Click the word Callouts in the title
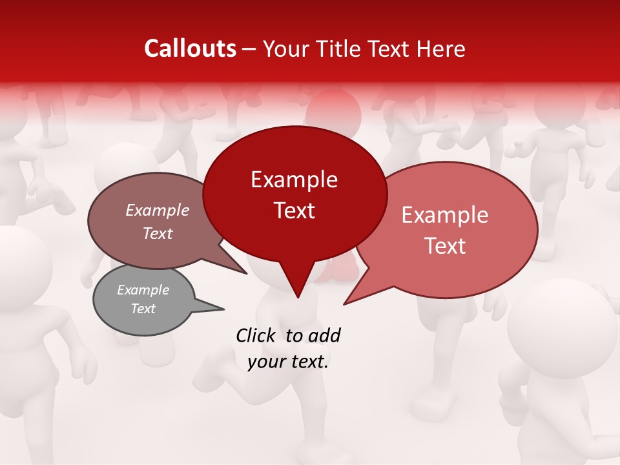click(x=190, y=48)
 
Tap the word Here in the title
click(x=440, y=48)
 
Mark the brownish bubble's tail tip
click(x=245, y=273)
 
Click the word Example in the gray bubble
click(x=143, y=290)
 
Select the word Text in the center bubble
click(x=294, y=211)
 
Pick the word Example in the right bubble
click(x=445, y=215)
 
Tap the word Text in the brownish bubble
click(x=158, y=234)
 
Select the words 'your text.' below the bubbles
click(x=288, y=362)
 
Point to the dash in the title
click(x=250, y=48)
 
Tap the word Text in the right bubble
click(x=446, y=246)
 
